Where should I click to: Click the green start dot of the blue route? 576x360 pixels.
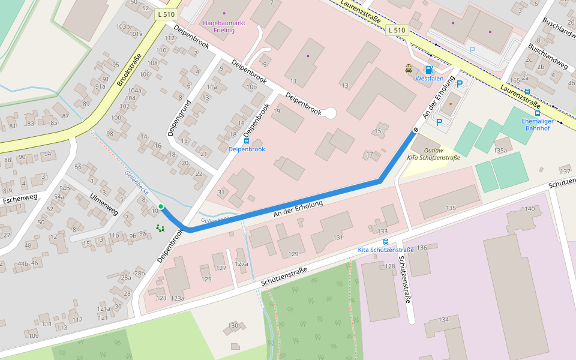coord(161,206)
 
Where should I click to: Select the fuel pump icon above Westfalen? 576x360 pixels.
coord(428,70)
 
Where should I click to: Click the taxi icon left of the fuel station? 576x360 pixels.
coord(409,68)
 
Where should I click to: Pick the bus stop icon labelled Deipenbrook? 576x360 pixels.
coord(247,140)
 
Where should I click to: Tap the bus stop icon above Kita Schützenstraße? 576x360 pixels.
coord(385,242)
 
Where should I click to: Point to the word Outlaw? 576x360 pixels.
coord(433,151)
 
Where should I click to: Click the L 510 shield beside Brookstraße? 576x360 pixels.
coord(165,14)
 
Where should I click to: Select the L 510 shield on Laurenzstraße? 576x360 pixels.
coord(397,29)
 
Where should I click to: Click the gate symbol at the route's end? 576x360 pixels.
coord(415,130)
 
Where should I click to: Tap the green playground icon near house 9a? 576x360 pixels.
coord(160,228)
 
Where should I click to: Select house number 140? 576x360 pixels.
coord(529,209)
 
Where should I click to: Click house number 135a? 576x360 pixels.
coord(500,151)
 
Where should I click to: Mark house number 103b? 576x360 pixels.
coord(123,26)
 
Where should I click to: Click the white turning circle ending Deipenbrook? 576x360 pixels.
coord(329,112)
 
